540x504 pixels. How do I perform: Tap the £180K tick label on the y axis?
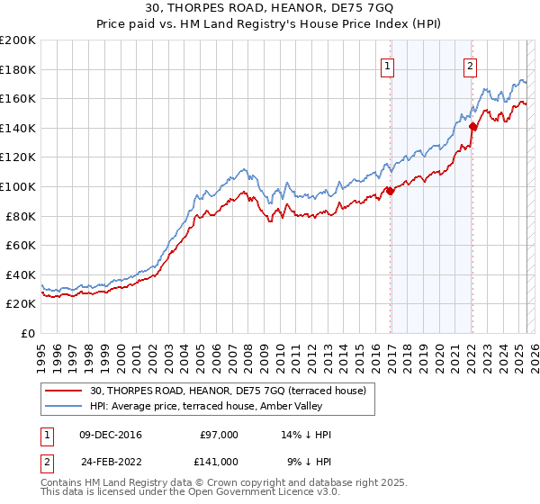pyautogui.click(x=18, y=69)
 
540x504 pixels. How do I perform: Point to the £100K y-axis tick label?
pyautogui.click(x=18, y=186)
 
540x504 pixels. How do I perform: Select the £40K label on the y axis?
pyautogui.click(x=21, y=274)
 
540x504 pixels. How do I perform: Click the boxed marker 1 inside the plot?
pyautogui.click(x=387, y=65)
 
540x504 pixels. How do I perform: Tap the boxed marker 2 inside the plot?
pyautogui.click(x=471, y=65)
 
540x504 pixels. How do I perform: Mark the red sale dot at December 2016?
pyautogui.click(x=390, y=191)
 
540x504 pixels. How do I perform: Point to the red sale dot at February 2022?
pyautogui.click(x=472, y=127)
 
